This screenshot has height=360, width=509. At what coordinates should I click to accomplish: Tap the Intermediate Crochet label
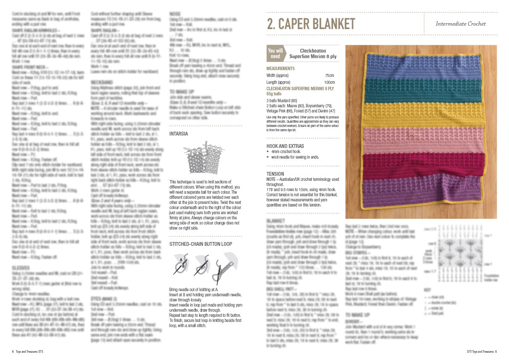pos(460,24)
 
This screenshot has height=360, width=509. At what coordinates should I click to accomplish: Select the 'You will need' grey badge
pos(275,53)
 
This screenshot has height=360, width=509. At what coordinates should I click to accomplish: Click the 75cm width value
pos(329,76)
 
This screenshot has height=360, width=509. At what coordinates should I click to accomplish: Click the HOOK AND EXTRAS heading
pos(285,146)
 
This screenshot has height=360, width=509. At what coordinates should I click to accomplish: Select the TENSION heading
pos(276,174)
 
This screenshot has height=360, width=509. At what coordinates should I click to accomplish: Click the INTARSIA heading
pos(179,134)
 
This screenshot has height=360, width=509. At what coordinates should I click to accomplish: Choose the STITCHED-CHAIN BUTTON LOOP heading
pos(201,244)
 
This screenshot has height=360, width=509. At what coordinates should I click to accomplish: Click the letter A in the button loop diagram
pos(181,260)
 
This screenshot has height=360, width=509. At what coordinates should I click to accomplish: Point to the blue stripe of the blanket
pos(421,63)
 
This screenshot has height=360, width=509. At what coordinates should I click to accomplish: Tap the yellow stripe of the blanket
pos(421,113)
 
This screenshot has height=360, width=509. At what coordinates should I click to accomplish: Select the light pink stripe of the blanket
pos(421,139)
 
